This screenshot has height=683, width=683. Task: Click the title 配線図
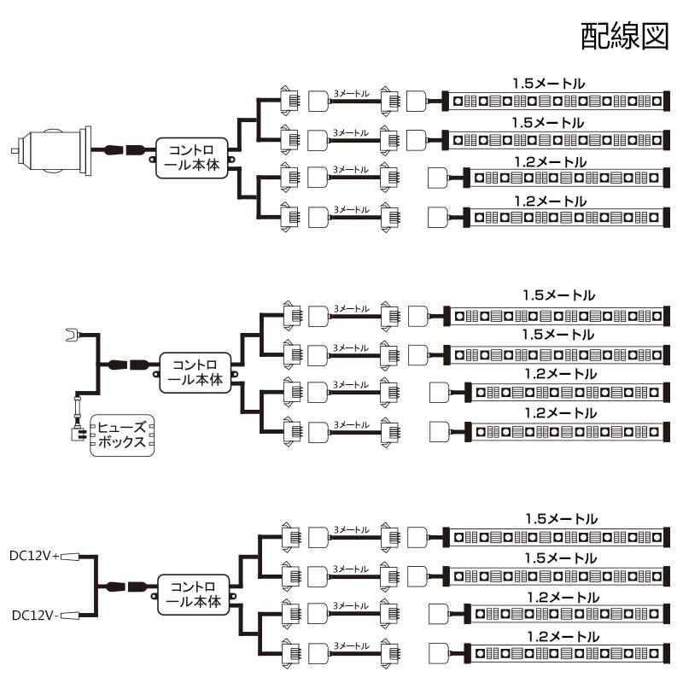pos(625,36)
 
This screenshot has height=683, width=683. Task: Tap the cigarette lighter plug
pos(52,151)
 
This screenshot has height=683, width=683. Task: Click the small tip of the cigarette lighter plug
pos(15,151)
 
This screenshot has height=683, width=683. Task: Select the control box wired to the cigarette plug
pos(192,158)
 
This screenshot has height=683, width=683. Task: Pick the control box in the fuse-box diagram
pos(196,373)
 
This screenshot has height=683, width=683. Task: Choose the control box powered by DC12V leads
pos(194,594)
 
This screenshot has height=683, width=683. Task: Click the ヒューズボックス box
pos(122,435)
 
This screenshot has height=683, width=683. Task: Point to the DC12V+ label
pos(34,556)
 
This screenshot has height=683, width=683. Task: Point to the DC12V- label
pos(35,615)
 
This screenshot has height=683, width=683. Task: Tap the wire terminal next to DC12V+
pos(70,557)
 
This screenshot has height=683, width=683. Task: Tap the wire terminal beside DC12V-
pos(70,616)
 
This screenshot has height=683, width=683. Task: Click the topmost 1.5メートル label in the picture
pos(548,84)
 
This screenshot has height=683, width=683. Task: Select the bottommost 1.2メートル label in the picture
pos(563,637)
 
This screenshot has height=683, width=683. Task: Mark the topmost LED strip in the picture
pos(556,102)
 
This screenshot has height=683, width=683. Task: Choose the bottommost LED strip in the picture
pos(566,654)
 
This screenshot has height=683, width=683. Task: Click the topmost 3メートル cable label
pos(351,94)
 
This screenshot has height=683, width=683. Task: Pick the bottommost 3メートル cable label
pos(351,646)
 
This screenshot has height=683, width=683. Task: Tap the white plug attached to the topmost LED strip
pos(417,101)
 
